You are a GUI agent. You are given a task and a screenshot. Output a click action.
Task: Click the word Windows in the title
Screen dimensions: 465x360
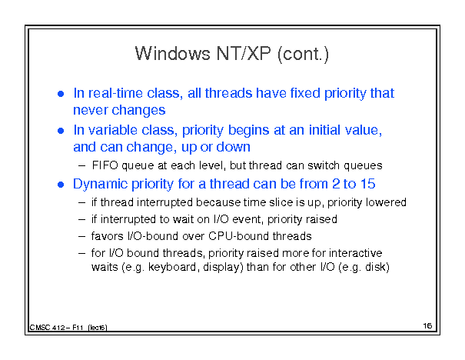click(173, 54)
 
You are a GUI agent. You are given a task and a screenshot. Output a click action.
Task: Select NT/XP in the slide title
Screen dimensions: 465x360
click(244, 54)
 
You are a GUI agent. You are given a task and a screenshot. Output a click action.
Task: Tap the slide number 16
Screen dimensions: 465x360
click(427, 326)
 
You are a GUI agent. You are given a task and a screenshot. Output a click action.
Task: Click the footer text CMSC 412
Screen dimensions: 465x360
click(47, 328)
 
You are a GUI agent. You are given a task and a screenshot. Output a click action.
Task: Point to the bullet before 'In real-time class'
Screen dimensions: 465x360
click(61, 94)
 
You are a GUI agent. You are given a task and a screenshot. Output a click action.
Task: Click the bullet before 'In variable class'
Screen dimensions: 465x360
click(61, 131)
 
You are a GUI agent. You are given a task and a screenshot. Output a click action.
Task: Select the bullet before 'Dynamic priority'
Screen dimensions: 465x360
click(61, 185)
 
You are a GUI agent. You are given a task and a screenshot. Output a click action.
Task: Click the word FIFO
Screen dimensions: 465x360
click(105, 165)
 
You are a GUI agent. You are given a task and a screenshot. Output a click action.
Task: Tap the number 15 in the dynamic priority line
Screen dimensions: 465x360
click(367, 184)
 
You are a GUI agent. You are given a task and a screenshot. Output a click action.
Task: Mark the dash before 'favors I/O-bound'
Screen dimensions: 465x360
click(81, 236)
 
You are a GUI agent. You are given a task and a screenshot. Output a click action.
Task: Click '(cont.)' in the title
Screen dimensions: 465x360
click(303, 55)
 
